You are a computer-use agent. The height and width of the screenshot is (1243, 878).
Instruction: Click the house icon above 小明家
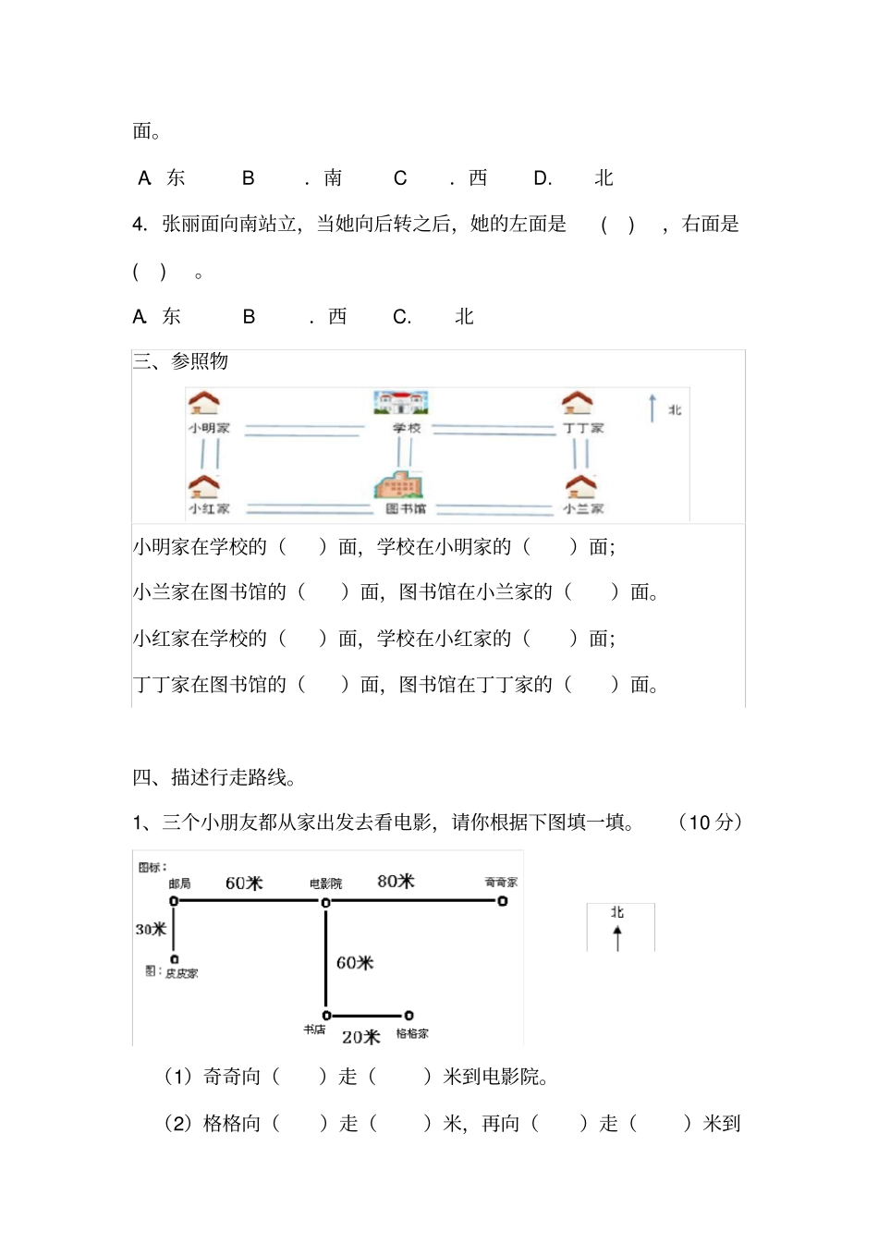click(x=203, y=403)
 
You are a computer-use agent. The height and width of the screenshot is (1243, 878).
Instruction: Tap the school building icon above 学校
click(x=401, y=402)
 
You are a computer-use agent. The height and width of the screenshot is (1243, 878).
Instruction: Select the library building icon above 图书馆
click(x=398, y=484)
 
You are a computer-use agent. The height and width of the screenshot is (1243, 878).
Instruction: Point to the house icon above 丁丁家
click(x=578, y=403)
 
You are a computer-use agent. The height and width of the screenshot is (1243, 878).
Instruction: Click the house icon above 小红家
click(x=203, y=486)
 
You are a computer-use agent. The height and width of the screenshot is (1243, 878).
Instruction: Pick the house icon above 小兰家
click(x=580, y=486)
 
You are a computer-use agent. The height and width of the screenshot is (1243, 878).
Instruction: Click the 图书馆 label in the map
click(x=406, y=508)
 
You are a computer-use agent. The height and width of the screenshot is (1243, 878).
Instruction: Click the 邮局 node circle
click(x=174, y=901)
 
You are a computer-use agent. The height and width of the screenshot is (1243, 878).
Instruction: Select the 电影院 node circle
click(x=325, y=902)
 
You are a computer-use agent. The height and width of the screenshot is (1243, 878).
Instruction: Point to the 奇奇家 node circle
click(x=503, y=901)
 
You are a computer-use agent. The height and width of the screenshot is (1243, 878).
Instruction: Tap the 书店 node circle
click(x=325, y=1016)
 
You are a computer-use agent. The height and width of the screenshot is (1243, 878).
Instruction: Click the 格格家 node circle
click(x=409, y=1016)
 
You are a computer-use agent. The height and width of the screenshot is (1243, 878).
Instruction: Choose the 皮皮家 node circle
click(x=174, y=959)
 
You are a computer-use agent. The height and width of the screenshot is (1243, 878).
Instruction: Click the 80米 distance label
click(x=396, y=881)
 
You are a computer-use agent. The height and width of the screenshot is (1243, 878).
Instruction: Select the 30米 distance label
click(x=151, y=929)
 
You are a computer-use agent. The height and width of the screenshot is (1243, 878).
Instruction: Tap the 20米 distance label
click(x=360, y=1037)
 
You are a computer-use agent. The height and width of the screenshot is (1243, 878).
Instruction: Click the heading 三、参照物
click(x=180, y=361)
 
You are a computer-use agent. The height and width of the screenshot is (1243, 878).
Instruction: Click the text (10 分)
click(x=710, y=822)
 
